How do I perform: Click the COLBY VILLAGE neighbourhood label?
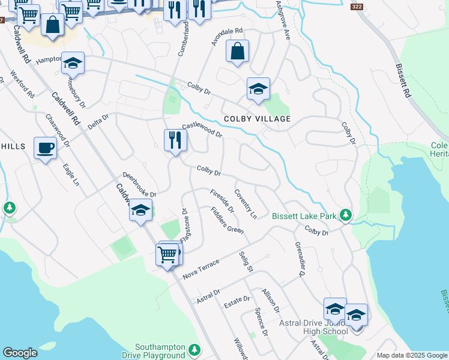tap(257, 119)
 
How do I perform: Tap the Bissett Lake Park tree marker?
tap(345, 215)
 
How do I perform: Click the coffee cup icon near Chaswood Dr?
tap(45, 147)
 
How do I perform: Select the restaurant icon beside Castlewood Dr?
tap(175, 140)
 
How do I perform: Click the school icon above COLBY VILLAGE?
tap(258, 89)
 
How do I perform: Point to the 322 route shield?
tap(357, 7)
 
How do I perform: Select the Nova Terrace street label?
tap(202, 268)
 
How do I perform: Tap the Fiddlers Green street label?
tap(227, 220)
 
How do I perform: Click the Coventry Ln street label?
tap(246, 204)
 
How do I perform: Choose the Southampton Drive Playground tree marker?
tap(194, 349)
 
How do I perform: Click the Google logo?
tap(20, 353)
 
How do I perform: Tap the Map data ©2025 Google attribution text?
tap(411, 355)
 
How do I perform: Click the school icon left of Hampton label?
tap(73, 63)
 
